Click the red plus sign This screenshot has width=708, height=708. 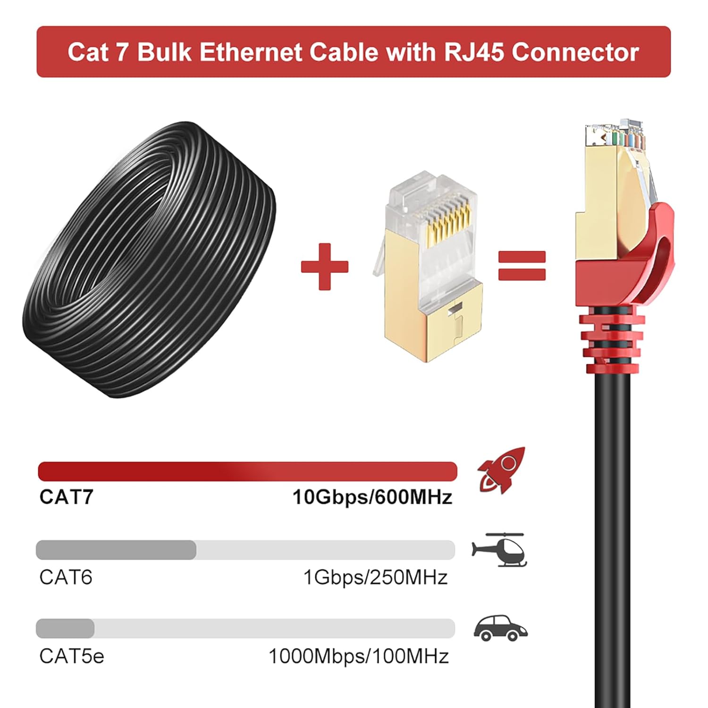[324, 267]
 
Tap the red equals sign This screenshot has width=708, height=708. [522, 266]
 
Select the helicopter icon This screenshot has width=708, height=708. [499, 550]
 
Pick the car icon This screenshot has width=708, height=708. [500, 628]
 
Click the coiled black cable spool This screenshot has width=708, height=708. [149, 260]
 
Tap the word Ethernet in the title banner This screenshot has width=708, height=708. [250, 52]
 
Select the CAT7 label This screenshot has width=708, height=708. [67, 497]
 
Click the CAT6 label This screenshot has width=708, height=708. [66, 577]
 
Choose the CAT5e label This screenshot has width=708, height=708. [72, 656]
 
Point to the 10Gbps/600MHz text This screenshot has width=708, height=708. [372, 497]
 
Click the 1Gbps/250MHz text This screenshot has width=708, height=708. [375, 577]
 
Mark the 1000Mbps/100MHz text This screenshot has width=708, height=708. [359, 656]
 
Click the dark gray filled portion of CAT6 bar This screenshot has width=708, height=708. [116, 550]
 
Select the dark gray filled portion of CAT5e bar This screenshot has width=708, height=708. [65, 628]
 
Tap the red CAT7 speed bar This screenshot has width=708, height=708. [247, 472]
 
